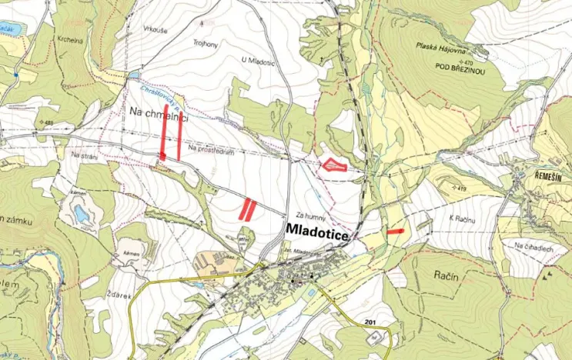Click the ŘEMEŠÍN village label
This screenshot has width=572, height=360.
point(549,175)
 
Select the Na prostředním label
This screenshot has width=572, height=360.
point(209,148)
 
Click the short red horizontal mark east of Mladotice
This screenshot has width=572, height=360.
point(396,231)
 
